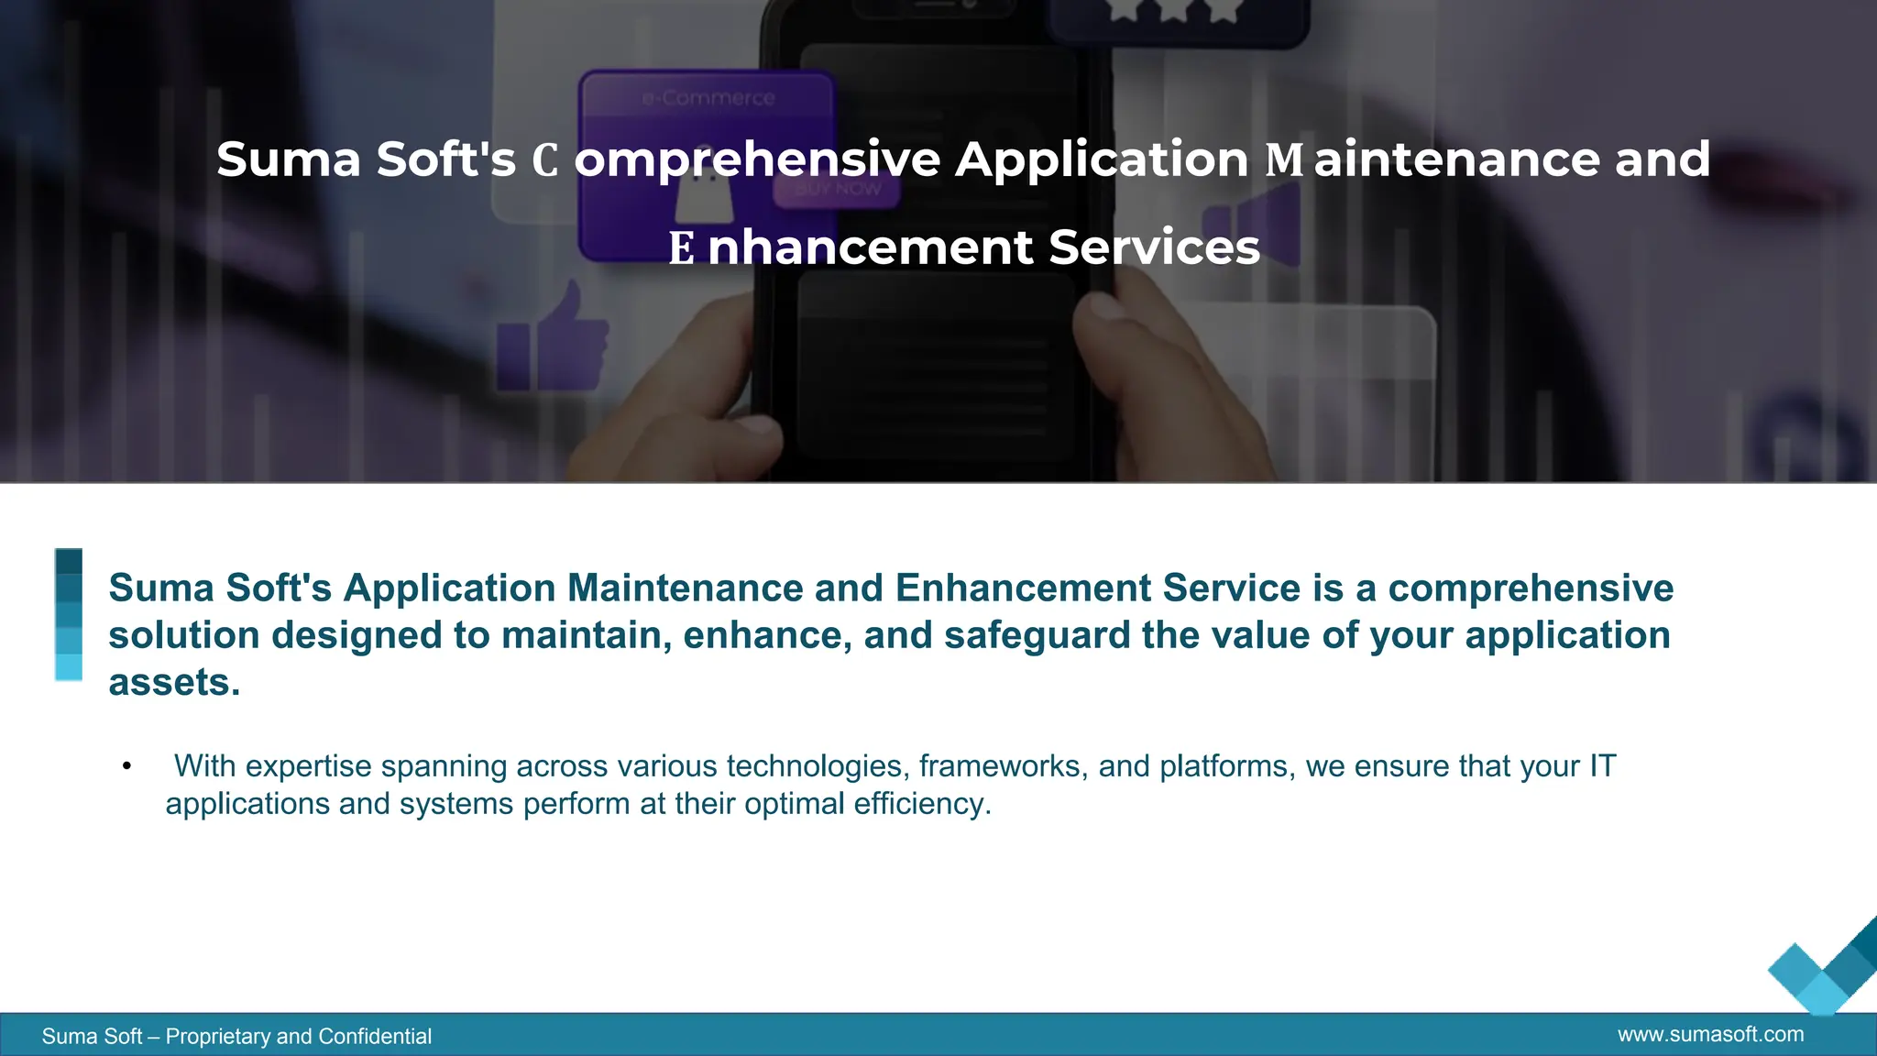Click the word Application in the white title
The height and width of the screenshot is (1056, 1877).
[x=1102, y=160]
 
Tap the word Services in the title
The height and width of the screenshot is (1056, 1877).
[x=1154, y=247]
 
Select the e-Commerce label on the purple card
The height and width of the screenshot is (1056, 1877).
[x=708, y=98]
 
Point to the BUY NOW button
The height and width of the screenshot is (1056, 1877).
[x=838, y=190]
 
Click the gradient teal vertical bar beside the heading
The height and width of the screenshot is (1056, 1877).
[x=69, y=614]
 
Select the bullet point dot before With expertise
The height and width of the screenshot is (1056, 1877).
[x=126, y=766]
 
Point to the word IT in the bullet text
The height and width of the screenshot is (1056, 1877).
[x=1602, y=766]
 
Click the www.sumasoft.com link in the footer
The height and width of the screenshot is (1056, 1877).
[x=1710, y=1035]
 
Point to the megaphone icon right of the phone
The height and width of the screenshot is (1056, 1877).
[x=1253, y=225]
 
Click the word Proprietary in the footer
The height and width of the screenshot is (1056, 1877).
[x=217, y=1037]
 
